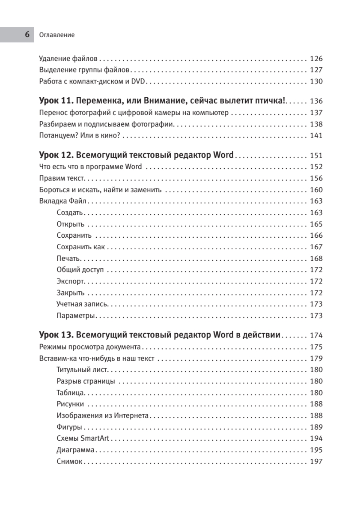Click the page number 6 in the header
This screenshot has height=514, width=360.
(27, 35)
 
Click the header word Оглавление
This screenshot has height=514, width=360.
(57, 35)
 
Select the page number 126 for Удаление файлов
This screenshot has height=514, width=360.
(316, 59)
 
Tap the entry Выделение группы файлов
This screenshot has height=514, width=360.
(84, 70)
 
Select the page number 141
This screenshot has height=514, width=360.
(316, 136)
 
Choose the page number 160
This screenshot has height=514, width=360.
(316, 190)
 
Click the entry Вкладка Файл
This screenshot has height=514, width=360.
(63, 201)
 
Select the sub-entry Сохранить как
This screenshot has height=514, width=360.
(80, 247)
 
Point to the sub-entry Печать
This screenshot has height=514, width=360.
(68, 259)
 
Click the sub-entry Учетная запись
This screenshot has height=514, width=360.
(82, 305)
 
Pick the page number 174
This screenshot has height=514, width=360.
(316, 335)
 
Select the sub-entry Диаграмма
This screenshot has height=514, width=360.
(75, 450)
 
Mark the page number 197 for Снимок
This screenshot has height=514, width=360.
(316, 461)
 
